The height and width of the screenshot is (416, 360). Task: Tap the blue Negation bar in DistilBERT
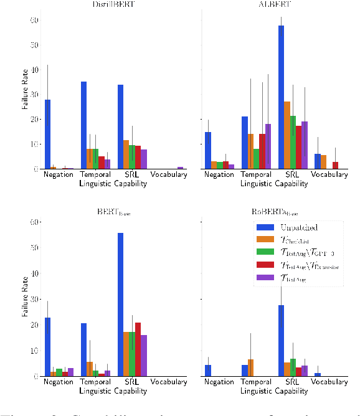click(47, 134)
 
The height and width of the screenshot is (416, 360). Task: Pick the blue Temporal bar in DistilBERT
click(83, 125)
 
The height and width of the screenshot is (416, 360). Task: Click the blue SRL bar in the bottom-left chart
click(120, 305)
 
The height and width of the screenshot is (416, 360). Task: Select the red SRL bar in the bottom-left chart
click(138, 349)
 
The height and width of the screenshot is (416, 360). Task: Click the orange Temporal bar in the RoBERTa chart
click(250, 367)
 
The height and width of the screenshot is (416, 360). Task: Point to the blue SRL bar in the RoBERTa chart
click(281, 341)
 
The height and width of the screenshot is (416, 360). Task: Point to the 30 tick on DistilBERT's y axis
click(35, 95)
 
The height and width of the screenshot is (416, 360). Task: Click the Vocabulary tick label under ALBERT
click(329, 175)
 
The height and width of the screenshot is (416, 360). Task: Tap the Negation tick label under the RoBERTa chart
click(219, 382)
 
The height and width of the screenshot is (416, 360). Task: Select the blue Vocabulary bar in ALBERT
click(318, 161)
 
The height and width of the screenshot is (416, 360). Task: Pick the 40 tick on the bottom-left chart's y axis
click(35, 273)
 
